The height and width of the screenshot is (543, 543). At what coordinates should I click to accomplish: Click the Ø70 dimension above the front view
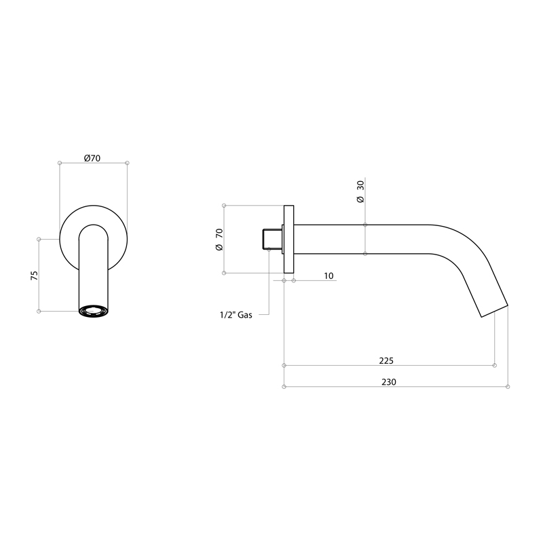(92, 158)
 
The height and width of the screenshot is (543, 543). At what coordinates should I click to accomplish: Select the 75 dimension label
(35, 276)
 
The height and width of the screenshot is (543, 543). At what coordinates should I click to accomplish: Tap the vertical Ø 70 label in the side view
(219, 240)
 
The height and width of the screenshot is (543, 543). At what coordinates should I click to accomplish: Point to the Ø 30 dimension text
(360, 191)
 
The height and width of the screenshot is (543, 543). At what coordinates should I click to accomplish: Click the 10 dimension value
(329, 276)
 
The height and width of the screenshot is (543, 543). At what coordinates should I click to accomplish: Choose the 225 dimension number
(386, 360)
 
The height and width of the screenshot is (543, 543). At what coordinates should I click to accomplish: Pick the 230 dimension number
(388, 381)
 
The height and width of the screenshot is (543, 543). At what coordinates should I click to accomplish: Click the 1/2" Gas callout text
(236, 315)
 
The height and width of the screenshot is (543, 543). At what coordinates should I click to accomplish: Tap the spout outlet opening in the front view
(93, 311)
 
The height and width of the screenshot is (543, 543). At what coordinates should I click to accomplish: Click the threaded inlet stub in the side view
(272, 239)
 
